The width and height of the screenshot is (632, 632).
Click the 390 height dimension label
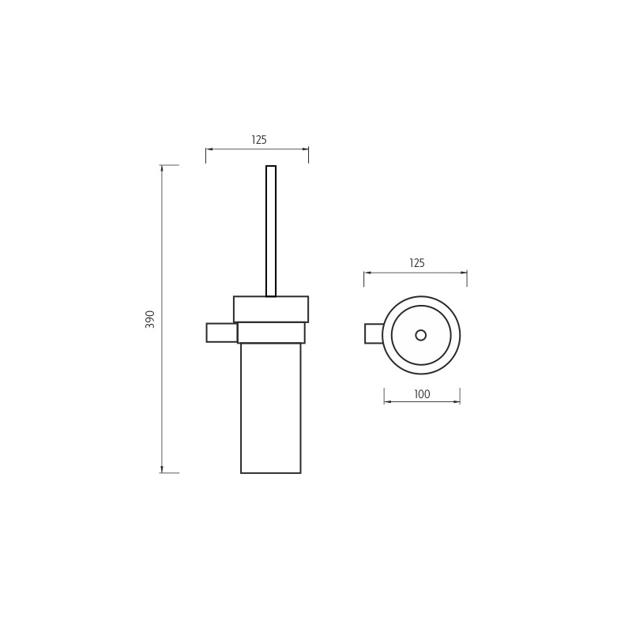click(x=150, y=319)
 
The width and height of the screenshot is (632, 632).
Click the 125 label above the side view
click(x=259, y=140)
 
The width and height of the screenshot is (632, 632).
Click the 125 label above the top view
click(x=417, y=263)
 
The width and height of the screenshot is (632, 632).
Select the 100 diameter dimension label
click(x=422, y=394)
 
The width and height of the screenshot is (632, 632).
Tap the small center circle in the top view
click(x=421, y=335)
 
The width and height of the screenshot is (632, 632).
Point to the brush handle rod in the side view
click(x=271, y=231)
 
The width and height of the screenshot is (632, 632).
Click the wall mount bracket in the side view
click(x=222, y=333)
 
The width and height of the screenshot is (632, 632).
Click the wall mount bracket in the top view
click(x=374, y=333)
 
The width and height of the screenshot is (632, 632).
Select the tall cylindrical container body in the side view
click(x=271, y=408)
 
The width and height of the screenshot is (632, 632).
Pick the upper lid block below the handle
click(x=271, y=309)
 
